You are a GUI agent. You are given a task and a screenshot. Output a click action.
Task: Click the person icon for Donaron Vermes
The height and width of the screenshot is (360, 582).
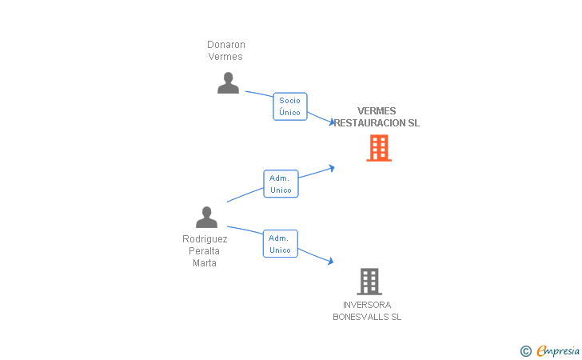tap(228, 83)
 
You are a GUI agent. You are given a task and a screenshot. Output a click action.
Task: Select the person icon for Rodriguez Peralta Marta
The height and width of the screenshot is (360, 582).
tap(206, 218)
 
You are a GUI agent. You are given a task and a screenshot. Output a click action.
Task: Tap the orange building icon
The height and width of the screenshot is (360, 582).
tap(379, 148)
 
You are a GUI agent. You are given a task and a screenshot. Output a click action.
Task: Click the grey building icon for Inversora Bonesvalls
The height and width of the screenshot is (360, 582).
tap(369, 282)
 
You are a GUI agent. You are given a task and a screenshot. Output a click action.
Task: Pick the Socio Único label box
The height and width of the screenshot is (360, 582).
tap(290, 106)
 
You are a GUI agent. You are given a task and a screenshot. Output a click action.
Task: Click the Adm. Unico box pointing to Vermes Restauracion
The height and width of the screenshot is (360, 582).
tap(281, 184)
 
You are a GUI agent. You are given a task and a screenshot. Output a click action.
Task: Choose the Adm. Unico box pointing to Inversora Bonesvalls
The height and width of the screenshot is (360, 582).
tap(281, 244)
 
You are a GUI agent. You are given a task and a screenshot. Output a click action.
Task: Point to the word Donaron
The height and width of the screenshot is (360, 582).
tap(226, 45)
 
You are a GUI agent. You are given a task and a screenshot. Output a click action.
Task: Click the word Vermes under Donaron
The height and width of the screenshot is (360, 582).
tap(225, 57)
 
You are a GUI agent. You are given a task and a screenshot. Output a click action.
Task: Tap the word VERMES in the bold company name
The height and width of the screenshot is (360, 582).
tap(377, 110)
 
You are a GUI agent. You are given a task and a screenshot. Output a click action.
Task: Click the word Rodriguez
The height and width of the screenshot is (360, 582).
tap(205, 239)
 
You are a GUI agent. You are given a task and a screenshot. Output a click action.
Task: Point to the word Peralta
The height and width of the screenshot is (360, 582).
tap(204, 250)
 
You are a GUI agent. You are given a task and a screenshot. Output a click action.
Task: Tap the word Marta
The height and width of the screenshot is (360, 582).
tap(205, 263)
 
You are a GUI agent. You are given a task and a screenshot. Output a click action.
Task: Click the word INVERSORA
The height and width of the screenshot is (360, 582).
tap(367, 305)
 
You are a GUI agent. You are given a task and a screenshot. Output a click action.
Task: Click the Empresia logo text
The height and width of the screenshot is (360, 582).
tap(558, 350)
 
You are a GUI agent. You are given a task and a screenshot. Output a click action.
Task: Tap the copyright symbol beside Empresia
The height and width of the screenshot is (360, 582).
tap(526, 351)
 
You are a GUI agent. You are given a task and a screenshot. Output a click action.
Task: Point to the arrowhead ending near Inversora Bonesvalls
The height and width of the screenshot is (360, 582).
tap(330, 261)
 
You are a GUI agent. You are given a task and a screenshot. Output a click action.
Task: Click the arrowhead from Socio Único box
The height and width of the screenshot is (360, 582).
tap(332, 122)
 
